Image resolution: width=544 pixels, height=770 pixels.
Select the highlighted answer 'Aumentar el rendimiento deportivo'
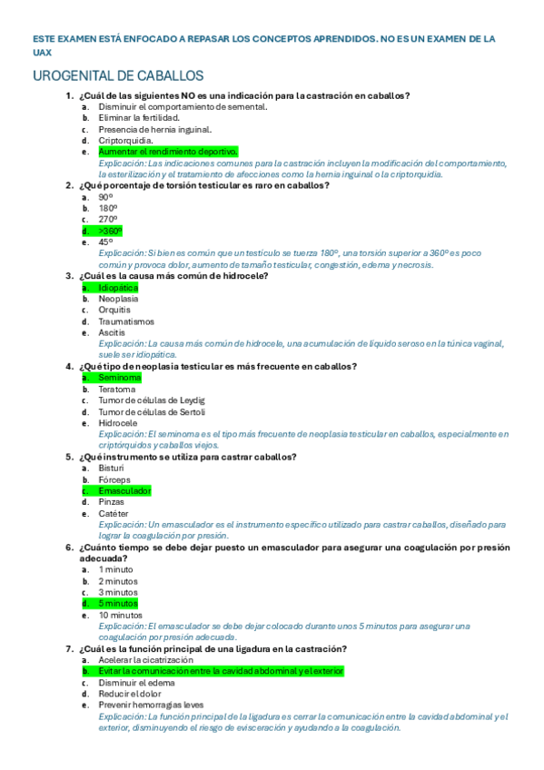pos(168,152)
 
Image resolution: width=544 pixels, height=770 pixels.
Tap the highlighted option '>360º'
pos(110,231)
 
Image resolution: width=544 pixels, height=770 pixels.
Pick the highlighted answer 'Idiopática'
pos(118,287)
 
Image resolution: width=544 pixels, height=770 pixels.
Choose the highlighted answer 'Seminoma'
pos(120,377)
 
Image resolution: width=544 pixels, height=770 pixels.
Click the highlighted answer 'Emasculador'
pos(124,490)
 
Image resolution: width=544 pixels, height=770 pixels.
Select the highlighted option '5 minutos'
pos(118,603)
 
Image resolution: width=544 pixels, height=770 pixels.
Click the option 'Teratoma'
pos(117,389)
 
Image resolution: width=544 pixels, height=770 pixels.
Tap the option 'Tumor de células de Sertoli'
pos(152,411)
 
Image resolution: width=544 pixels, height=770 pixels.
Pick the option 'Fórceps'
pos(114,479)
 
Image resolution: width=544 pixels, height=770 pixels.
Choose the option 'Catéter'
pos(114,513)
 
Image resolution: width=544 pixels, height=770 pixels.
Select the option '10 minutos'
pos(120,615)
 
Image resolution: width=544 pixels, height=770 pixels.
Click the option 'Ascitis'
pos(112,332)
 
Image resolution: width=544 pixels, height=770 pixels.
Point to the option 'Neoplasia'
pos(118,299)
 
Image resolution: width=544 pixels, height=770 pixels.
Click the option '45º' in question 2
pos(105,242)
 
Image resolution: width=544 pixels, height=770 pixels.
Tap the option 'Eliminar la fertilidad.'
pos(139,118)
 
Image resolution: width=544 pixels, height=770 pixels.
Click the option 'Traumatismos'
pos(126,321)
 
